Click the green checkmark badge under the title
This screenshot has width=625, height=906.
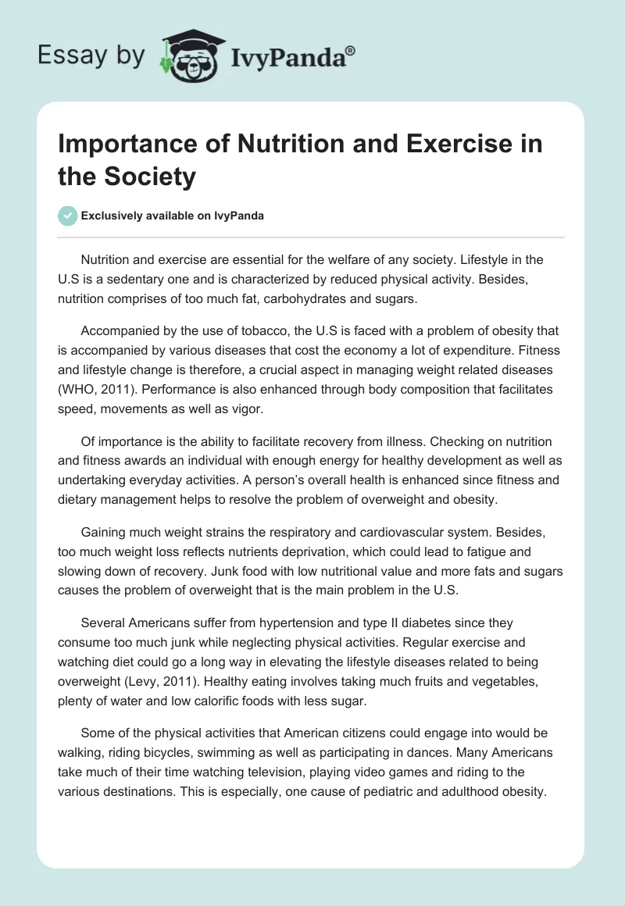click(68, 216)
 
